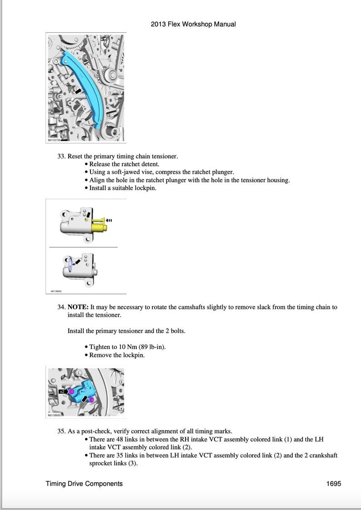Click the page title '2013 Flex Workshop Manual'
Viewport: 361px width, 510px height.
tap(193, 24)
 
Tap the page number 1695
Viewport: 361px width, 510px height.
tap(333, 484)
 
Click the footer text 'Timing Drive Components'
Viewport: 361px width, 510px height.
tap(84, 484)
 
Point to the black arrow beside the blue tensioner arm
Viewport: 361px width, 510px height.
tap(79, 91)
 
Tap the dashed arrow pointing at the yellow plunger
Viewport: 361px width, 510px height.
tap(109, 221)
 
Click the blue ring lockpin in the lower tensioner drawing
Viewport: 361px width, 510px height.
tap(70, 264)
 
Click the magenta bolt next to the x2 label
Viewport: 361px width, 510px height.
tap(71, 391)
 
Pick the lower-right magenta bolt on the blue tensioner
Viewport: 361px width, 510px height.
tap(91, 400)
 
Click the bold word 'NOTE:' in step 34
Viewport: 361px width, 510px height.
tap(78, 307)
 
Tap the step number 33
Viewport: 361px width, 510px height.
tap(61, 156)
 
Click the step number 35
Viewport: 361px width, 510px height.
tap(61, 431)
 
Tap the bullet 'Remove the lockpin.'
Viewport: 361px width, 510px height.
tap(116, 355)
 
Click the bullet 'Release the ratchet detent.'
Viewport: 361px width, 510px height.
tap(124, 164)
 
